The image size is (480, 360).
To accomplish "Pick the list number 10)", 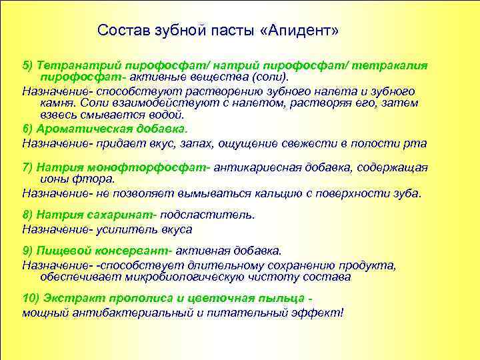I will coord(31,298).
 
